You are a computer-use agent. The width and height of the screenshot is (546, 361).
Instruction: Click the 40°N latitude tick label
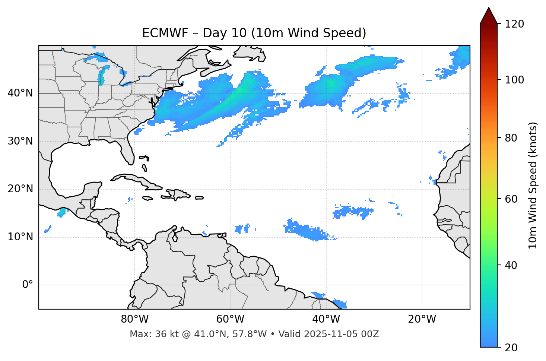tap(20, 93)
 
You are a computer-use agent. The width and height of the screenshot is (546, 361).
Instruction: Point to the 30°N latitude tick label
tap(20, 141)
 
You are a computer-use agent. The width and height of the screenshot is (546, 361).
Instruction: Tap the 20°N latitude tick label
tap(20, 189)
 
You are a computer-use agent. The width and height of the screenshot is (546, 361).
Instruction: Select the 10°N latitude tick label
tap(20, 237)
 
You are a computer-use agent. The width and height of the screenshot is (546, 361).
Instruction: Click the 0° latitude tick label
tap(27, 285)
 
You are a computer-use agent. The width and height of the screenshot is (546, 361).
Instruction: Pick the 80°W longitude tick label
tap(134, 319)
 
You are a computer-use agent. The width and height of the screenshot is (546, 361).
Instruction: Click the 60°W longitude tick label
tap(230, 319)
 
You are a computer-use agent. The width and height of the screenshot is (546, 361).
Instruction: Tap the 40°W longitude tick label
tap(326, 319)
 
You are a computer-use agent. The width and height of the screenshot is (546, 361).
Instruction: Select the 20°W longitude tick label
tap(422, 319)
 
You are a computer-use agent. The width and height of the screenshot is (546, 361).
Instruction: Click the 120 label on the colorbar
tap(515, 24)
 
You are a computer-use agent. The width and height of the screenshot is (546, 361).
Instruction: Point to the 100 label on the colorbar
tap(515, 80)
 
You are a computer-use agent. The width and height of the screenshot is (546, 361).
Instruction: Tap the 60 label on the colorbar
tap(511, 199)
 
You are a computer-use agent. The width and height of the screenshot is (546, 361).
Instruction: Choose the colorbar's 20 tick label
tap(511, 348)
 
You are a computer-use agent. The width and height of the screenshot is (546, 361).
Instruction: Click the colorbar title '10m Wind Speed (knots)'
tap(533, 185)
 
